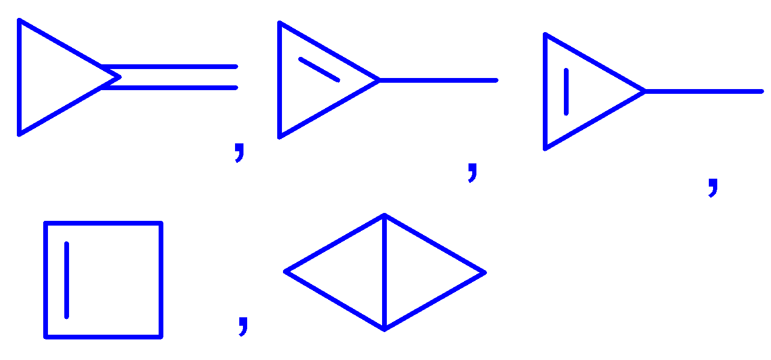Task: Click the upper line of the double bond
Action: pos(169,67)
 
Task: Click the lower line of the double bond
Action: pos(169,88)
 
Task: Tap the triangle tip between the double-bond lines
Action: pos(120,77)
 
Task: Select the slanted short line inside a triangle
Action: pos(319,69)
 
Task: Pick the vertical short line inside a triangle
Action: pos(566,91)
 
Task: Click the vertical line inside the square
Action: pos(66,280)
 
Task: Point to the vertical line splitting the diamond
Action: pos(384,272)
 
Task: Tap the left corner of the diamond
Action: pos(286,271)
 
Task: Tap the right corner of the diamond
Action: pos(484,273)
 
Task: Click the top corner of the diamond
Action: pos(384,215)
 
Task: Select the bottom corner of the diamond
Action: pos(385,329)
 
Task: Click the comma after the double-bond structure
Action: pos(240,152)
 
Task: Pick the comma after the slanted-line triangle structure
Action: pos(473,172)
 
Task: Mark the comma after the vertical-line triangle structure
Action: pos(713,187)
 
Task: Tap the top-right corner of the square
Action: pos(161,223)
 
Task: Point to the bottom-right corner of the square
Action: pos(161,336)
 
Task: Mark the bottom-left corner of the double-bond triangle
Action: pos(19,134)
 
